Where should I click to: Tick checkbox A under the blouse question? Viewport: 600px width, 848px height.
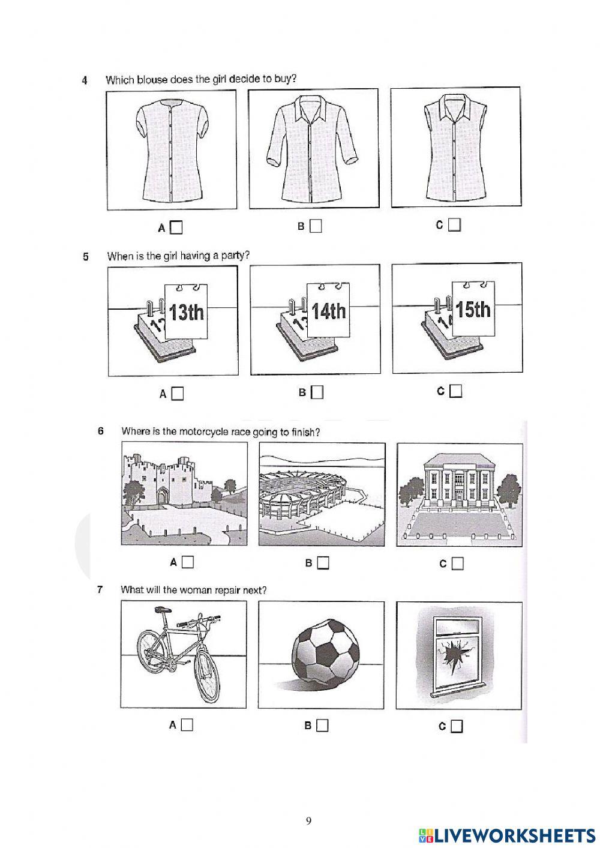[176, 227]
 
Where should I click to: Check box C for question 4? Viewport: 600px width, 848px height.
[455, 226]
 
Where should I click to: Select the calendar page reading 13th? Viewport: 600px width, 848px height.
[187, 313]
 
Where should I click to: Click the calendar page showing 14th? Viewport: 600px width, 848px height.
[329, 311]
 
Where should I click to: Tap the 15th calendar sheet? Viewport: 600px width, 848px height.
[473, 310]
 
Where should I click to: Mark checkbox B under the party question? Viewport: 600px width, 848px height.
[317, 392]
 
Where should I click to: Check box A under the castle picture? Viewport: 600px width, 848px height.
[188, 562]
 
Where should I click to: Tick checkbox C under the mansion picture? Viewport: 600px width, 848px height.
[458, 564]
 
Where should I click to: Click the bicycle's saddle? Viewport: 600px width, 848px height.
[160, 610]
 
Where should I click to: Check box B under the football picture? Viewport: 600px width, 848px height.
[323, 725]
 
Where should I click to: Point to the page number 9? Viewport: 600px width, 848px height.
[308, 820]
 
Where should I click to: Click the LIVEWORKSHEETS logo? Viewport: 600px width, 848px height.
[506, 835]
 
